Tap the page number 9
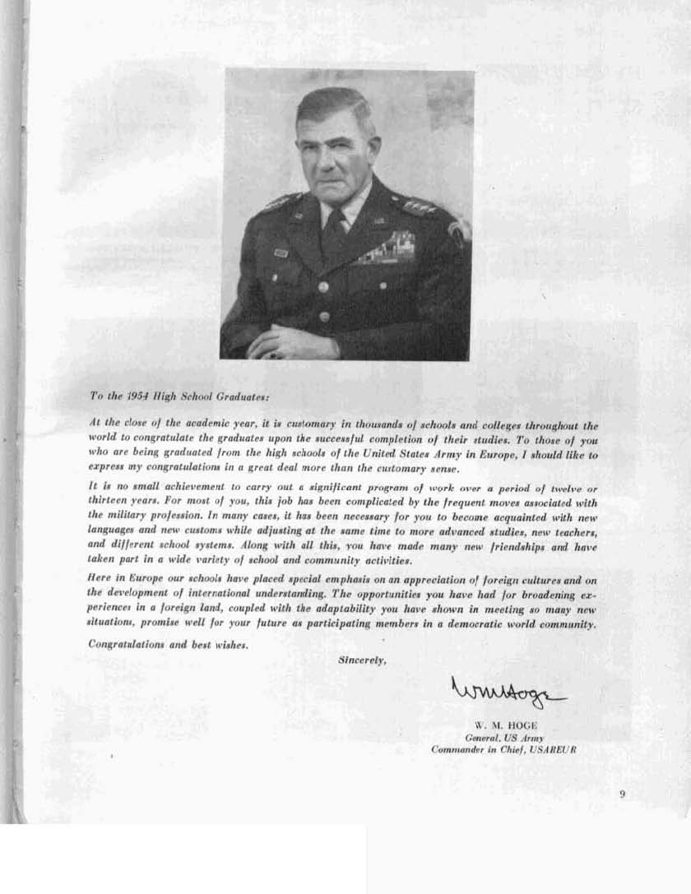point(623,794)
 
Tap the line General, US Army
point(499,738)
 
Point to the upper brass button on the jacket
point(323,287)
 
